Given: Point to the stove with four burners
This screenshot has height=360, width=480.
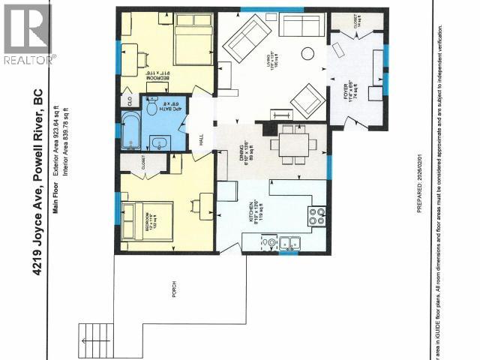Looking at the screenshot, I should [x=316, y=216].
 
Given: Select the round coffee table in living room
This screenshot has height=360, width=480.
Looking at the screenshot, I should [x=307, y=53].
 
